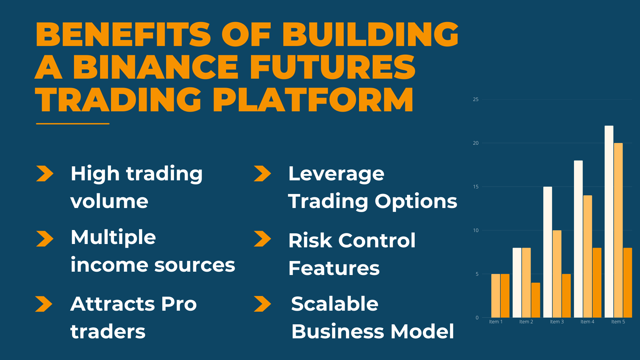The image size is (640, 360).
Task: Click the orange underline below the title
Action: point(73,124)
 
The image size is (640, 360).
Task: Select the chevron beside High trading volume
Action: point(45,174)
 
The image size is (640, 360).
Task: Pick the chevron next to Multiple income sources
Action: point(45,239)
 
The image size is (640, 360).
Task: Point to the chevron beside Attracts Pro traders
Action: point(44,304)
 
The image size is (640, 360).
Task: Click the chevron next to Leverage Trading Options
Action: point(262,174)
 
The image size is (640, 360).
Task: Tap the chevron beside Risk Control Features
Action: point(262,239)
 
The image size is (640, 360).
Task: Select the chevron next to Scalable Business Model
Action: point(262,304)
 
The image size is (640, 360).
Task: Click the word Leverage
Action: point(336,174)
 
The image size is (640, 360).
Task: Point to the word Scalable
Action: point(335,304)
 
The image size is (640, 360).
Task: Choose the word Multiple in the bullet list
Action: point(113,237)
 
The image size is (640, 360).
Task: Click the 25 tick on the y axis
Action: point(476,99)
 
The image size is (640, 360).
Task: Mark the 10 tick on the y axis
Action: point(476,230)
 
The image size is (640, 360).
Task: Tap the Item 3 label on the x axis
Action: point(557,322)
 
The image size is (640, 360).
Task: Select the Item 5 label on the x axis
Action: point(618,322)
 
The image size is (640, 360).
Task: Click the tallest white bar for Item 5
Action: point(609,222)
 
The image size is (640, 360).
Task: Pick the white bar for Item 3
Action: point(547,252)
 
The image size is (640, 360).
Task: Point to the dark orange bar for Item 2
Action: point(535,300)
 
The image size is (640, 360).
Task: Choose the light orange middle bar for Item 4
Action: point(588,256)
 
